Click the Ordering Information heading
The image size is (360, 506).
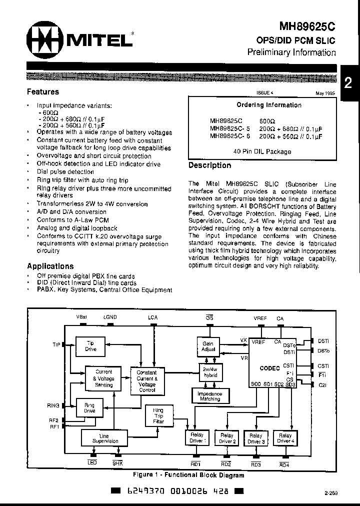(269, 105)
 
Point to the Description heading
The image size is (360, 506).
(209, 165)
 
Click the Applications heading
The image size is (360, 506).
(50, 266)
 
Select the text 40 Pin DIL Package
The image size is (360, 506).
(262, 151)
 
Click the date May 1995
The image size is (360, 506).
(325, 93)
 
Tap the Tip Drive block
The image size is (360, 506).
(90, 346)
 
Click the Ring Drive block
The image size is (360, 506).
(89, 407)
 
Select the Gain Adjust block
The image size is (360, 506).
(208, 346)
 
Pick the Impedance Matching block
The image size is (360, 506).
(209, 396)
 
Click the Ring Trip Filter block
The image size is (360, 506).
(158, 416)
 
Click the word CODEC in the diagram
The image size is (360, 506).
(269, 368)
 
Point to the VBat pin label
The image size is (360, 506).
(81, 317)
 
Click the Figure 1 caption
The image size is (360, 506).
(188, 475)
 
